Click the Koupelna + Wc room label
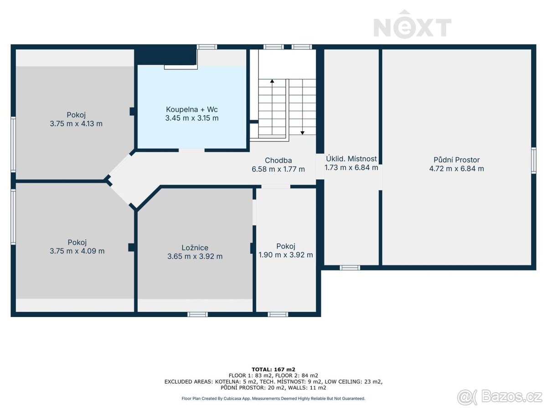tap(191, 109)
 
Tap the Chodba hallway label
tap(278, 160)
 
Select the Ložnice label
tap(195, 247)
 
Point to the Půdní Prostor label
tap(456, 160)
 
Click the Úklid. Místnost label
tap(351, 159)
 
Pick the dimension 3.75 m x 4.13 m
tap(76, 123)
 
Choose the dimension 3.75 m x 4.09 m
tap(77, 251)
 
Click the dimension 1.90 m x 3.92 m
tap(286, 255)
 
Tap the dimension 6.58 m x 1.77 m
tap(278, 169)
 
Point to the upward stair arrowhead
tap(272, 81)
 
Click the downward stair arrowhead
tap(302, 133)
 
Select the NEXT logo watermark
tap(413, 25)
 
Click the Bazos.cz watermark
tap(500, 396)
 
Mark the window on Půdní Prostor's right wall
tap(533, 160)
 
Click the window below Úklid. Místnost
tap(350, 267)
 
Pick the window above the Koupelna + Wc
tap(207, 47)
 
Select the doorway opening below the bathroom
tap(191, 150)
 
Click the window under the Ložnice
tap(198, 314)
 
